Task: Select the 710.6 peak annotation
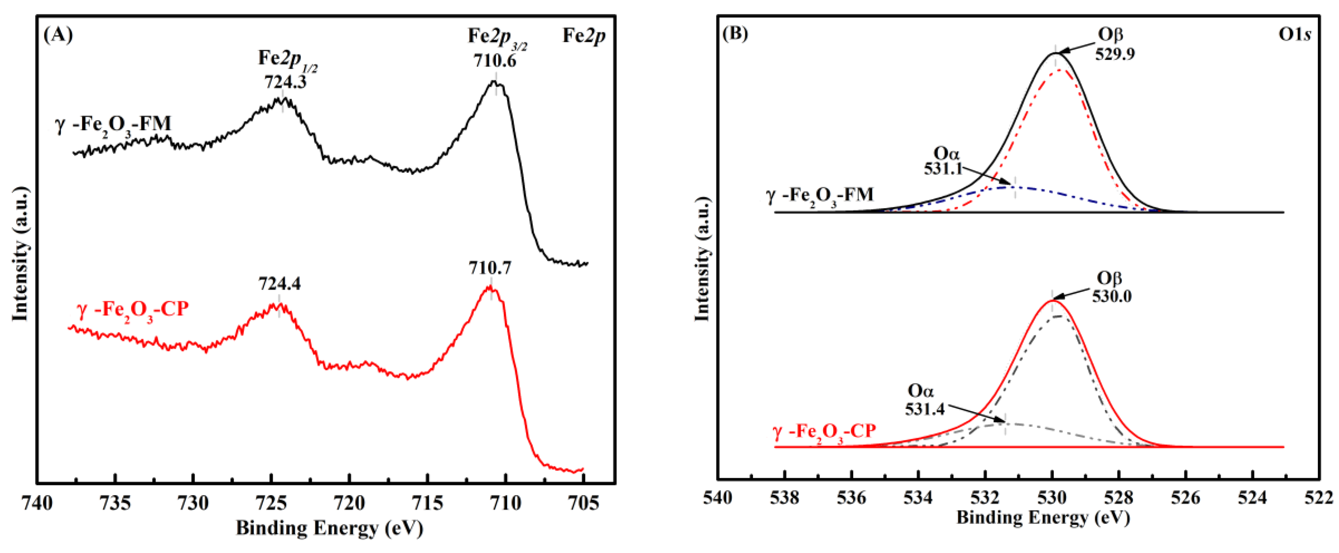[494, 61]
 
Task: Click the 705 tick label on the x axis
[583, 504]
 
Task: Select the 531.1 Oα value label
[943, 169]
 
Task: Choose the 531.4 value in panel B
[925, 409]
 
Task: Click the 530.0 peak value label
[1111, 296]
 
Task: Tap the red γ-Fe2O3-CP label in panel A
[133, 310]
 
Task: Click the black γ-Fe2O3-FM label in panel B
[820, 196]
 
